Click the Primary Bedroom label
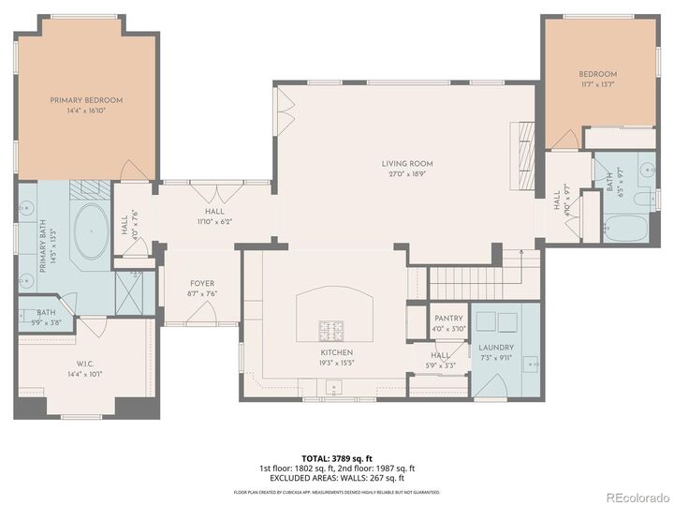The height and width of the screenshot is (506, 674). click(86, 100)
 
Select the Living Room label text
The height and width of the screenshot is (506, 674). click(406, 163)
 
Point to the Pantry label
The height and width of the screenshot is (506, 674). click(448, 319)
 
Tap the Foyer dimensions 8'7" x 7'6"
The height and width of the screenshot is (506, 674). click(202, 292)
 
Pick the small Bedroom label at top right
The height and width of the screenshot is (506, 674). click(597, 74)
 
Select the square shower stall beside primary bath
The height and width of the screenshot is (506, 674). click(128, 291)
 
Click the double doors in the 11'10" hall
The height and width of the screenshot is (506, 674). click(214, 194)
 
